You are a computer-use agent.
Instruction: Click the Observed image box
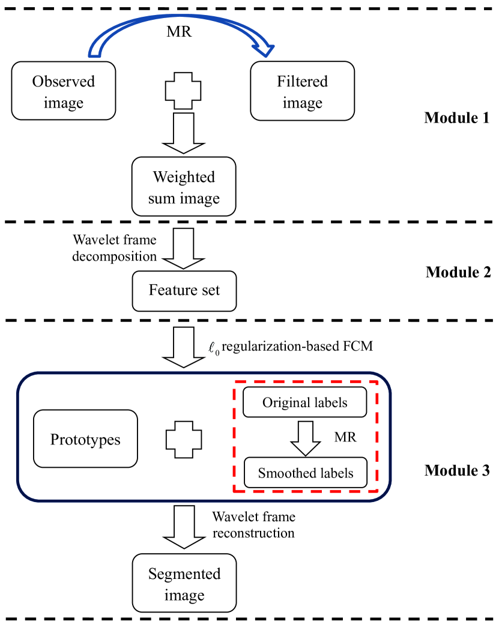[x=64, y=91]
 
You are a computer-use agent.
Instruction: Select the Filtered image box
[x=302, y=91]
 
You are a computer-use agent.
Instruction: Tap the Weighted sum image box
[x=184, y=187]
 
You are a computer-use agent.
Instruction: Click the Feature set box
[x=184, y=291]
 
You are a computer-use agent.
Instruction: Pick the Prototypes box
[x=85, y=439]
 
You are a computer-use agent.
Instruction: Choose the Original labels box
[x=304, y=402]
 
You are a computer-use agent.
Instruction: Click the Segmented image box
[x=184, y=584]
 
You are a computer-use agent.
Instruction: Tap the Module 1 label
[x=456, y=118]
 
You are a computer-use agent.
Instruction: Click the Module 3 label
[x=456, y=470]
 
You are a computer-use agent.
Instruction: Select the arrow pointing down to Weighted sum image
[x=183, y=133]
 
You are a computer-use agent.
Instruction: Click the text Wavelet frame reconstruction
[x=253, y=524]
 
